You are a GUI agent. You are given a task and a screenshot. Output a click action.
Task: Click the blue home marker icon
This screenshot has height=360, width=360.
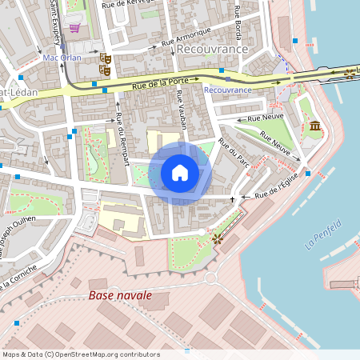coord(180,173)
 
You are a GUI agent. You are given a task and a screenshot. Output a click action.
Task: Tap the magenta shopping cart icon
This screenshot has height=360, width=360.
coord(74,28)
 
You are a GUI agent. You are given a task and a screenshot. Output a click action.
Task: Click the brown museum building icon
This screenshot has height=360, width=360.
coord(315,126)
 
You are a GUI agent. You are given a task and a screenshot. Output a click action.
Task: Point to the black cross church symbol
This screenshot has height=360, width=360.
coord(233,198)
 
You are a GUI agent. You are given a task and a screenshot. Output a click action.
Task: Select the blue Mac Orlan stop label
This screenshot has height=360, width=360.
coord(62,58)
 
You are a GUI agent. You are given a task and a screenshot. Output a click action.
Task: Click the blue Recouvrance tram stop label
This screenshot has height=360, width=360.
coord(227,90)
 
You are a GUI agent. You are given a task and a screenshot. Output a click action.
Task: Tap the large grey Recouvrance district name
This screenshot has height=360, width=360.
coord(211,49)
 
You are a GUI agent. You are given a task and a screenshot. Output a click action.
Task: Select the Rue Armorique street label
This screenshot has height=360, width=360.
coord(186,37)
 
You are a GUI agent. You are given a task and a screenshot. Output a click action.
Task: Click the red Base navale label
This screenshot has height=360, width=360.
coord(120,296)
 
